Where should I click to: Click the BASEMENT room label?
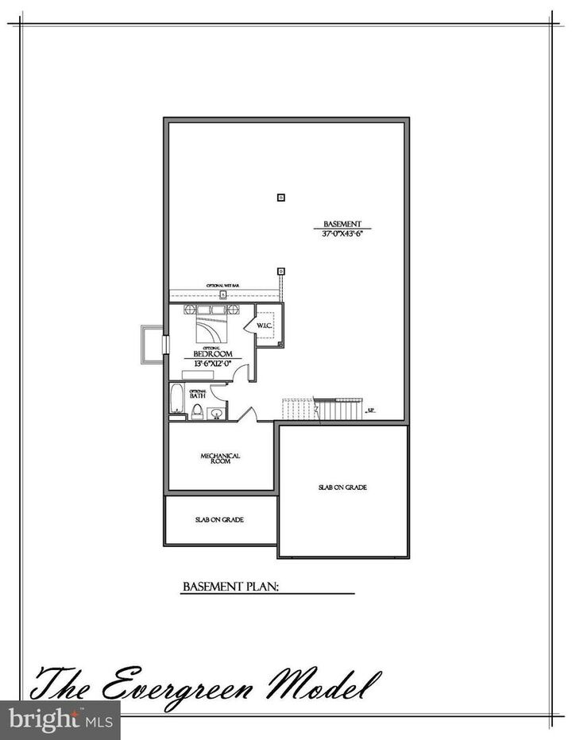tap(342, 223)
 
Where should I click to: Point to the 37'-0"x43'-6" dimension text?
tap(342, 234)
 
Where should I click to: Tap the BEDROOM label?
tap(212, 354)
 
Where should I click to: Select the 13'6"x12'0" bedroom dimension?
tap(212, 364)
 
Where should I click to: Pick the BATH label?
tap(198, 394)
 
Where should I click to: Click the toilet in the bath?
tap(195, 410)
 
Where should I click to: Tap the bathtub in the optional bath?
tap(176, 399)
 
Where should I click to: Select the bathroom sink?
tap(214, 413)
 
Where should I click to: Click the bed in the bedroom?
tap(211, 326)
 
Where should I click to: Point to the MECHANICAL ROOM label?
tap(220, 458)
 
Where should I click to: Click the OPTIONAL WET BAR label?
tap(223, 285)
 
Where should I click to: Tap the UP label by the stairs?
tap(370, 411)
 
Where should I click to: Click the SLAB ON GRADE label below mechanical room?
tap(219, 520)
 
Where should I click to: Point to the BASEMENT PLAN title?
tap(229, 588)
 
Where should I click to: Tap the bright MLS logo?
tap(60, 720)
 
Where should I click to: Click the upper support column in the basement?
tap(280, 197)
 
